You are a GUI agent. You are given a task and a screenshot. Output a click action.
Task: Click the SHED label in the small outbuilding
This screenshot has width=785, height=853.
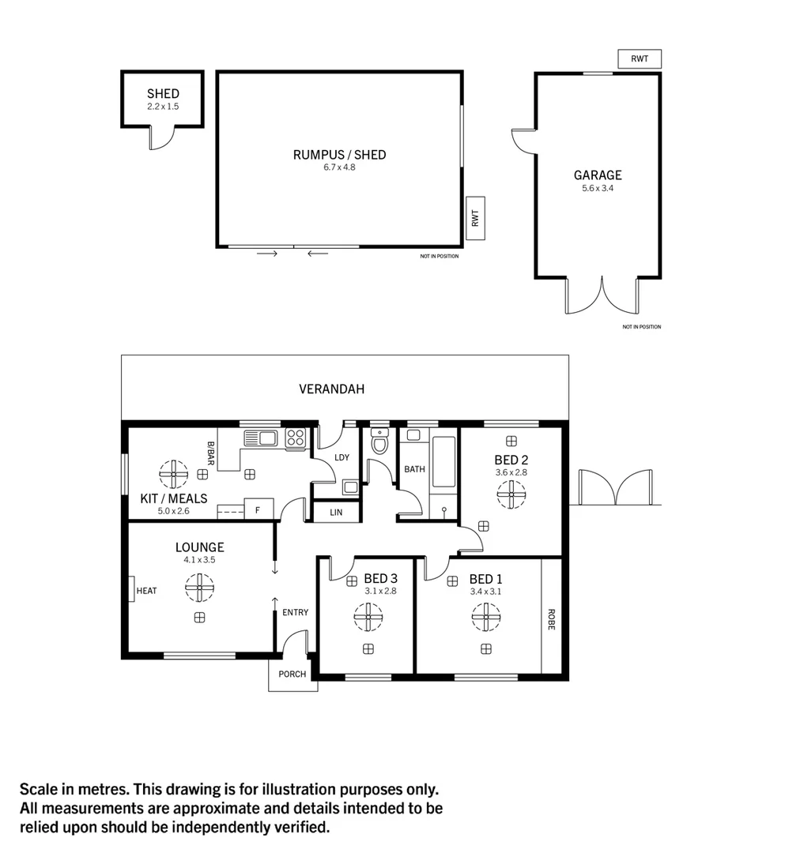(x=163, y=94)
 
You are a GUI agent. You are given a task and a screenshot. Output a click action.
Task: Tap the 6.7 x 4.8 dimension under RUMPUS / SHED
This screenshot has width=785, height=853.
(x=339, y=167)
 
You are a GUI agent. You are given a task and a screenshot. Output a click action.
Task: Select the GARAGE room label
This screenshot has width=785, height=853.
(x=598, y=175)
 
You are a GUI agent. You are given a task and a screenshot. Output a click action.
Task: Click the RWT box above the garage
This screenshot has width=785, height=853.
(x=639, y=59)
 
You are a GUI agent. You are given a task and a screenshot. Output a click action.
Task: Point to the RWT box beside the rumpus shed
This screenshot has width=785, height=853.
(x=475, y=218)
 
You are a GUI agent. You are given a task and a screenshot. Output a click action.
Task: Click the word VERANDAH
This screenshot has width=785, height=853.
(x=331, y=389)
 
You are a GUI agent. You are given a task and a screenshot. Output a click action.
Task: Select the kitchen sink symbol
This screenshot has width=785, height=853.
(x=259, y=438)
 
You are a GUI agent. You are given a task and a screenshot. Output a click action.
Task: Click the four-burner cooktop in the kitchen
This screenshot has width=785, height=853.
(x=296, y=438)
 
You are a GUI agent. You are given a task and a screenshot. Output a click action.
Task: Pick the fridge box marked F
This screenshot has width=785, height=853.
(x=258, y=509)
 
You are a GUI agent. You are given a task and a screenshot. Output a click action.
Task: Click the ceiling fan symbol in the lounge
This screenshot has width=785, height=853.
(x=199, y=587)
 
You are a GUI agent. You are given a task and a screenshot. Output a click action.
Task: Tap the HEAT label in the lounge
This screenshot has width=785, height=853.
(x=146, y=590)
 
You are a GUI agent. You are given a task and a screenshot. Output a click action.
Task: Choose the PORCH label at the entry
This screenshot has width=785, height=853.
(x=292, y=675)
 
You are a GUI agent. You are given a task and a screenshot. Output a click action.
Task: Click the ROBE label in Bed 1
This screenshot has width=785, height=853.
(x=550, y=618)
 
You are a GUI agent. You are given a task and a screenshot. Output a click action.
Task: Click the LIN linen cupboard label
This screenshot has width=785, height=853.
(x=336, y=513)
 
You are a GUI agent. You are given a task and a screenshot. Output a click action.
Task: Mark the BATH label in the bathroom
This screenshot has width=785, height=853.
(x=414, y=469)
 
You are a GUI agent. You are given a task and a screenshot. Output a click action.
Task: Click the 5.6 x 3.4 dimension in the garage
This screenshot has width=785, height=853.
(x=598, y=188)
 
